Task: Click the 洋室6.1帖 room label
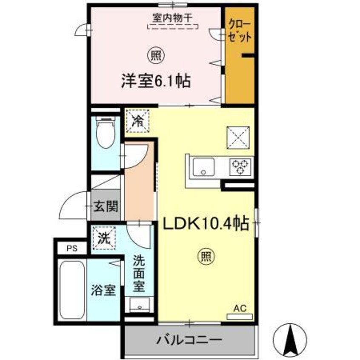pos(155,80)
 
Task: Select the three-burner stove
pos(240,166)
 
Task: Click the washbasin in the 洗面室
pos(139,305)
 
